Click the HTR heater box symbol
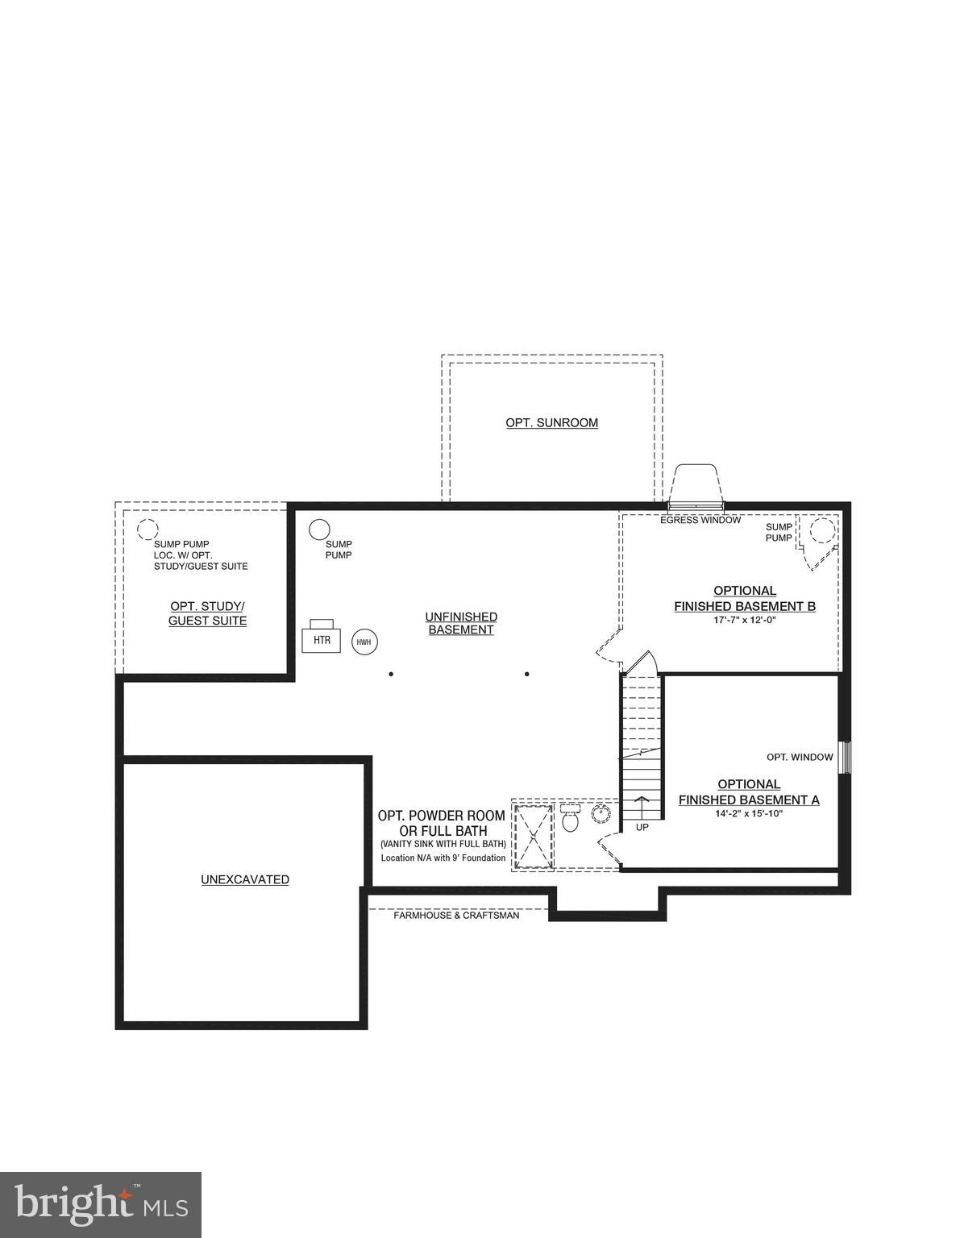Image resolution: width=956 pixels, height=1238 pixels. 322,639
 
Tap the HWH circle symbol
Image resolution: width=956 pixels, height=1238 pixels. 364,642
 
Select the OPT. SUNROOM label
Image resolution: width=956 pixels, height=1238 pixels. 551,422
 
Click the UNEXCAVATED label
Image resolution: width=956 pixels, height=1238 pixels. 244,879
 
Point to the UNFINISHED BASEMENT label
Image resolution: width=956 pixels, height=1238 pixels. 461,623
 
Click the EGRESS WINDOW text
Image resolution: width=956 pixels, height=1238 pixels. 700,520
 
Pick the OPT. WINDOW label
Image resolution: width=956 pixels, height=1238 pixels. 799,757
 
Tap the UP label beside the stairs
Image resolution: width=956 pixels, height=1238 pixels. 642,827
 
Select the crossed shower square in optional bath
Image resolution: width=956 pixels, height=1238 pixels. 533,835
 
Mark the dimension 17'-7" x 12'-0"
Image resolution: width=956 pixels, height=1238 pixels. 744,620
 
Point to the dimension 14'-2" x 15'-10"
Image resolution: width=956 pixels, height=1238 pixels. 748,813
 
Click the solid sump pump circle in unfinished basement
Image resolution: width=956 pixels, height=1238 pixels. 319,530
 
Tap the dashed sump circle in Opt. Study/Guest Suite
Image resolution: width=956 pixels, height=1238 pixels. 147,530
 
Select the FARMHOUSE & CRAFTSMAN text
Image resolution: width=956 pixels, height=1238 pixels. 455,916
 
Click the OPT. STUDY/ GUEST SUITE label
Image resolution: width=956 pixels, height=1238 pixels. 207,613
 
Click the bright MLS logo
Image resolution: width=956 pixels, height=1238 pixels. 101,1205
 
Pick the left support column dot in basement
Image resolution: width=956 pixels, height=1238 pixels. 391,674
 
